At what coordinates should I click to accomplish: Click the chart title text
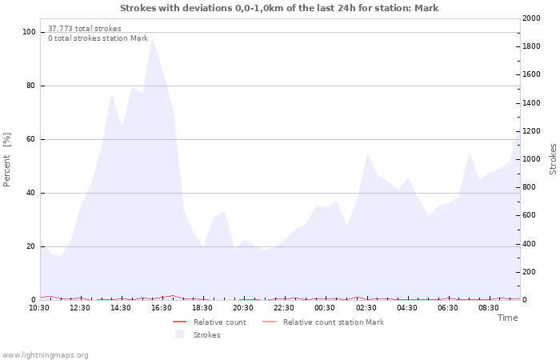[279, 8]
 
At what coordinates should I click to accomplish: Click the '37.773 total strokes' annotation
[85, 29]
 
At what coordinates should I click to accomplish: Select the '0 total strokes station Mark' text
[98, 38]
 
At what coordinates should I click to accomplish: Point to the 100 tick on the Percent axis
[29, 32]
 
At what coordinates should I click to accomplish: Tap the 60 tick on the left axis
[30, 139]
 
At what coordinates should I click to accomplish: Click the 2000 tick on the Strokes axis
[530, 18]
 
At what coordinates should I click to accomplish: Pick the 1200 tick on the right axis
[530, 131]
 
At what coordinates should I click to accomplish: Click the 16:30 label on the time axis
[162, 307]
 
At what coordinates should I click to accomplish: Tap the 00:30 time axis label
[325, 307]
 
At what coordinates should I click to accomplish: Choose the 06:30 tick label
[448, 307]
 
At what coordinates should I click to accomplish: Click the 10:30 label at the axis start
[39, 307]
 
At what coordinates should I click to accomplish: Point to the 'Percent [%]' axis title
[7, 159]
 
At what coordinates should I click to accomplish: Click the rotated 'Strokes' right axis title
[553, 159]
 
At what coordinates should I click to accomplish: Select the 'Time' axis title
[507, 318]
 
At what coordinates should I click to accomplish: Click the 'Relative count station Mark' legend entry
[333, 322]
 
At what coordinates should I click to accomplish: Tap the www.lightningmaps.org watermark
[46, 354]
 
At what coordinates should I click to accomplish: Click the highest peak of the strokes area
[152, 38]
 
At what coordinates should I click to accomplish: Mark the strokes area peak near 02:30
[367, 153]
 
